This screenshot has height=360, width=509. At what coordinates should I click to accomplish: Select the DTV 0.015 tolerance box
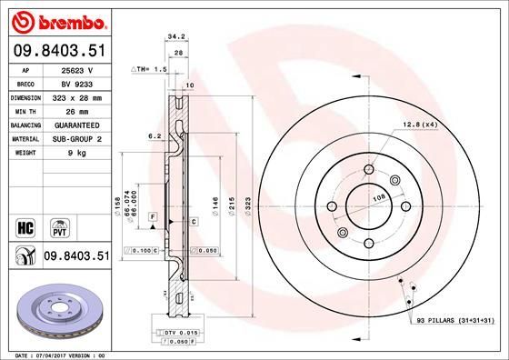pos(181,333)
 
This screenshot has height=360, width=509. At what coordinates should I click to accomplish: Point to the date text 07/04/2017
pos(57,354)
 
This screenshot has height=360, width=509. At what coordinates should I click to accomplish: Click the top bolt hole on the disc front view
pos(368,169)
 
